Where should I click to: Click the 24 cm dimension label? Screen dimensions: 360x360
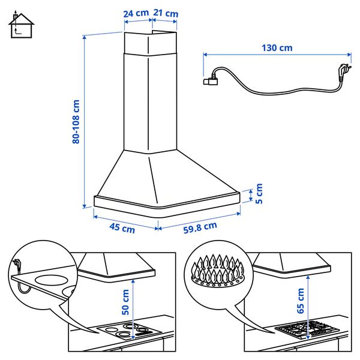click(136, 13)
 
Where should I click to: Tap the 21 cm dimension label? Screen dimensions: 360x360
click(166, 13)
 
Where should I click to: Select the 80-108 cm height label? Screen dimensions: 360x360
click(76, 122)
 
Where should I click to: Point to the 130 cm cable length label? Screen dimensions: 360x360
click(277, 48)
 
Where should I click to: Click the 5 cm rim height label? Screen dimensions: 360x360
click(259, 194)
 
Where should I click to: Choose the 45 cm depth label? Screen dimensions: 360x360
click(122, 228)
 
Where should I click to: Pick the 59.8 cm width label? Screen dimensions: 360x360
click(200, 228)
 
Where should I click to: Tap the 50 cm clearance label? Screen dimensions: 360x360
click(125, 302)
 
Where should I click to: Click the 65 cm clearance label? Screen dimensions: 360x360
click(301, 301)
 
